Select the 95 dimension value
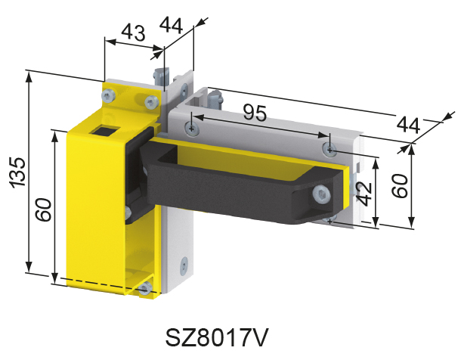point(255,113)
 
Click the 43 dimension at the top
point(132,34)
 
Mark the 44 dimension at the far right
point(409,124)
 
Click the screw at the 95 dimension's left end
point(194,129)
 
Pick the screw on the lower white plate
point(182,265)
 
